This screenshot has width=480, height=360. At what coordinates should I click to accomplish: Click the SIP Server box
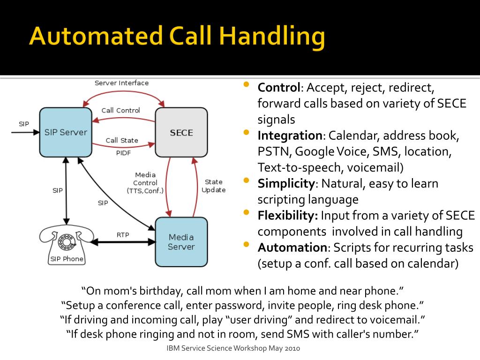point(66,132)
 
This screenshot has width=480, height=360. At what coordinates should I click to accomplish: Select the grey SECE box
point(181,132)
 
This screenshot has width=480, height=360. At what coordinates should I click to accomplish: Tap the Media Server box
point(181,242)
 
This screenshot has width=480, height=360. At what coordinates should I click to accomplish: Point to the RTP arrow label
point(123,234)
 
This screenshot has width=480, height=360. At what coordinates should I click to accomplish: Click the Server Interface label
point(121,83)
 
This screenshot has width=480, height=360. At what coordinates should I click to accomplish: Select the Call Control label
point(120,111)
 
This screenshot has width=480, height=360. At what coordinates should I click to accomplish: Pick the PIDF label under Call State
point(123,153)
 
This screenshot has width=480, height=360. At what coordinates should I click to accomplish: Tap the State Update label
point(213,186)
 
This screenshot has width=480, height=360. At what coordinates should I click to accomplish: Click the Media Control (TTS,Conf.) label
point(145,183)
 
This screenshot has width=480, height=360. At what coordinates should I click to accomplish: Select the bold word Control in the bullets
point(278,88)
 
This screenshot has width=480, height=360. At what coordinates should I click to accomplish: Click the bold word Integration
point(290,136)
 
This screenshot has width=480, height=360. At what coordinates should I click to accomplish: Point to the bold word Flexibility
point(288,216)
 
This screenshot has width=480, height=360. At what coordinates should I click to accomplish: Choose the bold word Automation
point(292,247)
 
